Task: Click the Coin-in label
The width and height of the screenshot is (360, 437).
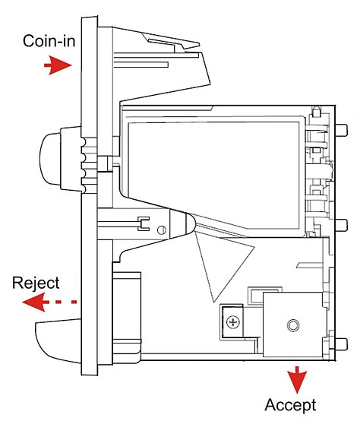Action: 49,41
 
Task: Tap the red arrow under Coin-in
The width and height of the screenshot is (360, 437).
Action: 58,65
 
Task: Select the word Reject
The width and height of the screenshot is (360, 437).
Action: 36,283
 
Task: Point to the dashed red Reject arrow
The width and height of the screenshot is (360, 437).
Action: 49,302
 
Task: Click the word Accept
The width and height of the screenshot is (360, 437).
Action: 290,405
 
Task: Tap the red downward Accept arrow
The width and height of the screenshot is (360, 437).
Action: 297,379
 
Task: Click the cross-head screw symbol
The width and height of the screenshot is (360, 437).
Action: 233,322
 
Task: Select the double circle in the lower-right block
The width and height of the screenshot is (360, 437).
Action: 293,325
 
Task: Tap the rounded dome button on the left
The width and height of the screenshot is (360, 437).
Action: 51,158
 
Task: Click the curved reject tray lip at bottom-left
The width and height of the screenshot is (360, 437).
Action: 58,341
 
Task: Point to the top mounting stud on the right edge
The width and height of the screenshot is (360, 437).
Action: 342,130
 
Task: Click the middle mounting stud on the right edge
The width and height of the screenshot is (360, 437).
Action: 342,225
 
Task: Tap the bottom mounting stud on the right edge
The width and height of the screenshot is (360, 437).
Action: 342,344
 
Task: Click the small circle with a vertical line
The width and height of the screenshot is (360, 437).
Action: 162,230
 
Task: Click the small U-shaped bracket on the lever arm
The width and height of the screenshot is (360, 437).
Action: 144,223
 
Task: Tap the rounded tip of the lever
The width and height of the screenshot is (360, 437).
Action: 191,223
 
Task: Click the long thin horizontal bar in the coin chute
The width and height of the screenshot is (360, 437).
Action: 141,65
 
